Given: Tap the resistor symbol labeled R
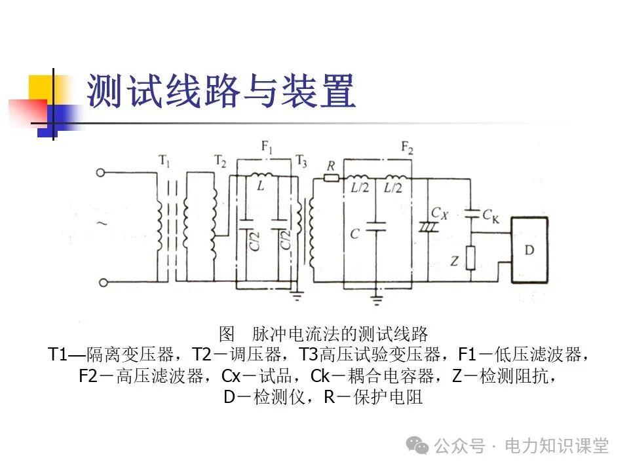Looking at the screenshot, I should coord(332,177).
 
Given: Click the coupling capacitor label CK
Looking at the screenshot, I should coord(490,213).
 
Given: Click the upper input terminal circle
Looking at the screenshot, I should coord(101,173).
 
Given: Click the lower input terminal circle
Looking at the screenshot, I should coord(101,283).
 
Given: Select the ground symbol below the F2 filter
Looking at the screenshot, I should coord(376,299).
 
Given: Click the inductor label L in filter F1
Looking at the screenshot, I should coord(261,186).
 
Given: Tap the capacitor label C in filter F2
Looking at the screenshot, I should coord(354,234).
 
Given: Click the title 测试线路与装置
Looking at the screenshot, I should coord(221,92).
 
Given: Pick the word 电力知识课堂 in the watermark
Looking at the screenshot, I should coord(557,446).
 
